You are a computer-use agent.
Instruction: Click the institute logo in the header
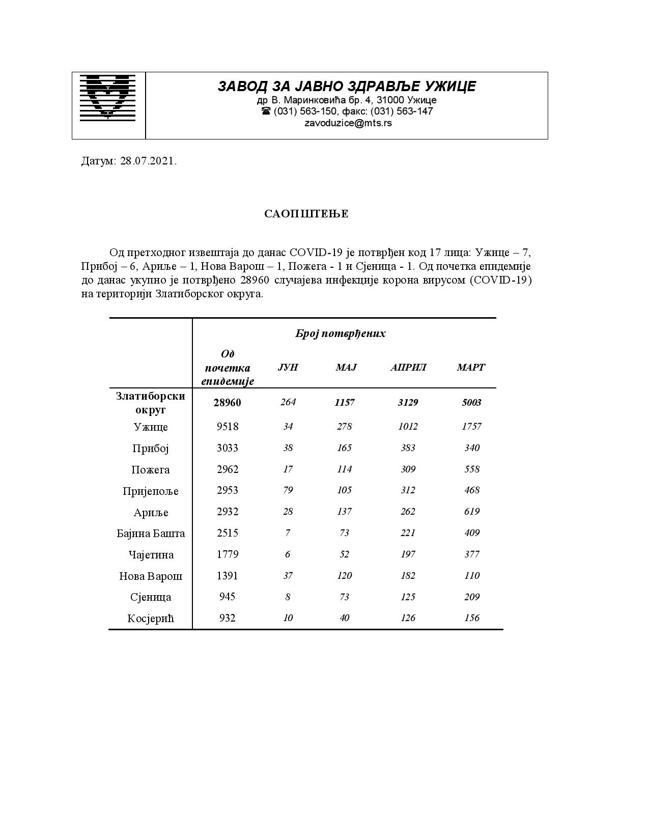108,97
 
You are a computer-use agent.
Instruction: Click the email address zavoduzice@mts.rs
348,123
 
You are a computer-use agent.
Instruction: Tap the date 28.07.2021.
148,161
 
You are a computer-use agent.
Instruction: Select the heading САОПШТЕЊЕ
306,214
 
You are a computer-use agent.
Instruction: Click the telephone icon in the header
266,111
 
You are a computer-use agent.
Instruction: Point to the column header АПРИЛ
408,367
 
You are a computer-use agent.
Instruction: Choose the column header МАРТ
471,367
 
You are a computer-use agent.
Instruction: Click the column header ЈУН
288,367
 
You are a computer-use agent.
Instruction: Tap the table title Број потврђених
340,333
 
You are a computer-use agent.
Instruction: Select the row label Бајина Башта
151,534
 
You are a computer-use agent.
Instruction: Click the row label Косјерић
151,619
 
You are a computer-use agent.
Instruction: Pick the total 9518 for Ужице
228,427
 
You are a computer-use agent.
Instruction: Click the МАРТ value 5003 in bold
471,403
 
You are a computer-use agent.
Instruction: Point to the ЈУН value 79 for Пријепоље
288,490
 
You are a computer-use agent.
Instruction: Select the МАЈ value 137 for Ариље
345,512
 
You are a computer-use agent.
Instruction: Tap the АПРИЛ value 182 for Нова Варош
408,576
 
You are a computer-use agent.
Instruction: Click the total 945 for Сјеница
228,597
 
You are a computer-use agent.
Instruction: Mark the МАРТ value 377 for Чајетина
472,554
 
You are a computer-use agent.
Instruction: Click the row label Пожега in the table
151,470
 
